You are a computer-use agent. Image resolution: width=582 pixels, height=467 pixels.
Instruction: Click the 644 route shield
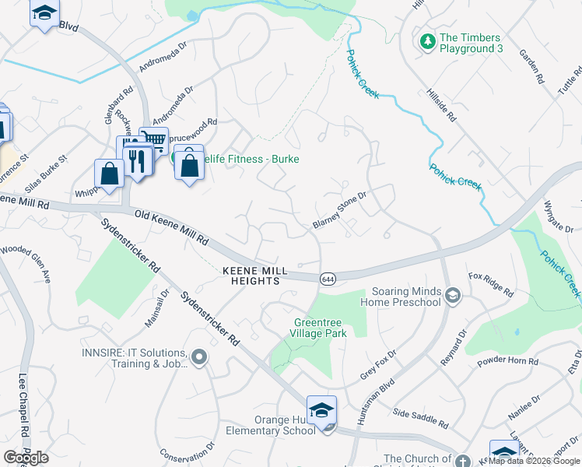click(328, 278)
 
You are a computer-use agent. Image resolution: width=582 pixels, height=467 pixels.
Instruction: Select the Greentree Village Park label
click(320, 327)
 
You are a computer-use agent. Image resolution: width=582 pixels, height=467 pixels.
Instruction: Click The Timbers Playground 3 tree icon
click(426, 41)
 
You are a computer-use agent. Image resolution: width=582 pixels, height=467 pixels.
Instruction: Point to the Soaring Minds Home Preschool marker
click(453, 295)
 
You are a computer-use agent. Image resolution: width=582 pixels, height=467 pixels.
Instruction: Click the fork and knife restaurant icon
click(138, 160)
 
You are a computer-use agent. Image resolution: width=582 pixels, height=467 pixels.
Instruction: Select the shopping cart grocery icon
click(154, 140)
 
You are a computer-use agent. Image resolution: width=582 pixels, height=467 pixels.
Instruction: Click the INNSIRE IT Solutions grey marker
click(199, 357)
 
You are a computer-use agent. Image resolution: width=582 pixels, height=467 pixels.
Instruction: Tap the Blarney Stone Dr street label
click(338, 212)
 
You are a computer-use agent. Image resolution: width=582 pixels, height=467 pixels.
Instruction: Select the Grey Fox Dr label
click(378, 365)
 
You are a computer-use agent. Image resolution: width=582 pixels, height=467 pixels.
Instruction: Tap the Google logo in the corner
click(26, 457)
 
